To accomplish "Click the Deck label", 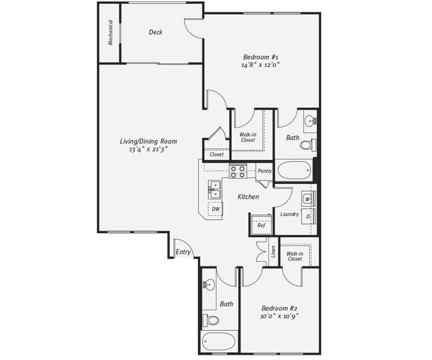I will pos(156,32).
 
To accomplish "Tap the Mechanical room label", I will pos(110,33).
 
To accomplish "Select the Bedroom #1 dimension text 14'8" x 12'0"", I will pos(260,65).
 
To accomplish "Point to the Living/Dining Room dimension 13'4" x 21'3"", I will pos(148,150).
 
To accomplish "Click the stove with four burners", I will pos(238,171).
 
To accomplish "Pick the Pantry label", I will pos(265,171).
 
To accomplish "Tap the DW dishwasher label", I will pos(215,209).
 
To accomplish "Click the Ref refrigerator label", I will pos(261,225).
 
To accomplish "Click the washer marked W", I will pos(308,199).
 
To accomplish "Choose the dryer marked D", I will pos(308,217).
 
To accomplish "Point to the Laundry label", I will pos(289,214).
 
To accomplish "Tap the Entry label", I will pos(183,252).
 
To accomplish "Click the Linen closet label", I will pos(273,252).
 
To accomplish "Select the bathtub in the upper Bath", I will pos(294,170).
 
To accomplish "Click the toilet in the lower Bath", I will pos(212,320).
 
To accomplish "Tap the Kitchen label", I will pos(249,197).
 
